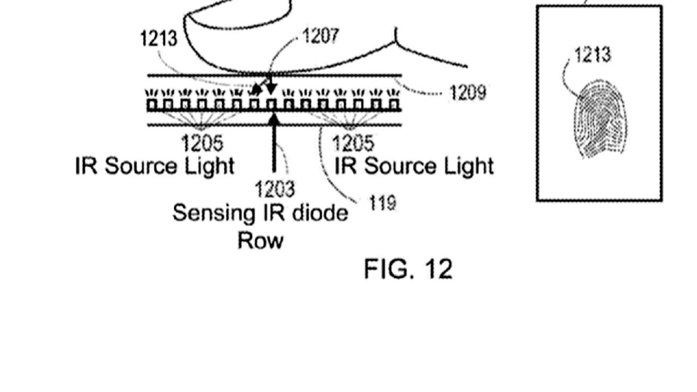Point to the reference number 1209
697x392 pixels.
pos(468,93)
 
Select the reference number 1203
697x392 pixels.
pos(275,189)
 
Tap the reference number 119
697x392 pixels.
pos(382,203)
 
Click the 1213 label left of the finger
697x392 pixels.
pos(158,39)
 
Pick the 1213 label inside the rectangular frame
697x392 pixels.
pos(592,54)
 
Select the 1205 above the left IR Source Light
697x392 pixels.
pos(202,144)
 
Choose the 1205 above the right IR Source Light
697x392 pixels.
pos(353,144)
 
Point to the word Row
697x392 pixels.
pos(260,240)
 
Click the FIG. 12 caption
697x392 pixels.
pos(408,269)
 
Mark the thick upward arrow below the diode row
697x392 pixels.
pos(274,142)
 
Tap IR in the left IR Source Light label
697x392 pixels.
pos(86,166)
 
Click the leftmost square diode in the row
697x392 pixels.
pos(151,103)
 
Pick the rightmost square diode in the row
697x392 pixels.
pos(393,103)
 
